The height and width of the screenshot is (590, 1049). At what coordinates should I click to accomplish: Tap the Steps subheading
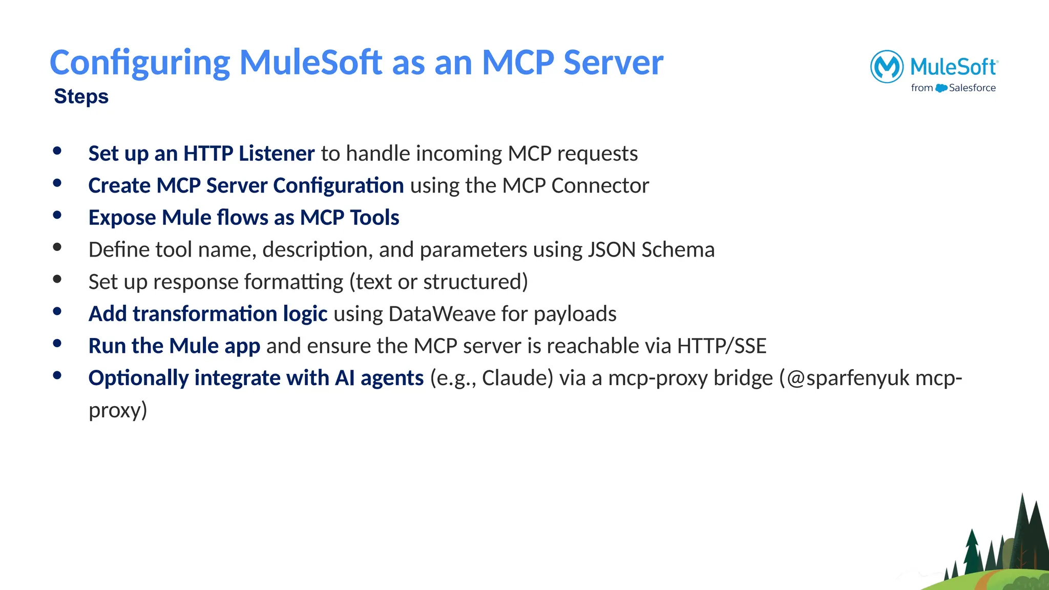point(81,96)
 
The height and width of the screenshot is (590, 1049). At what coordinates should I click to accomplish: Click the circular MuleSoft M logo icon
point(887,67)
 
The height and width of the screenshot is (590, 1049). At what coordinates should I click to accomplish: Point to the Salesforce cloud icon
point(941,88)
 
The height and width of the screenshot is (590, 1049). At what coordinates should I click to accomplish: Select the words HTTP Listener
point(249,154)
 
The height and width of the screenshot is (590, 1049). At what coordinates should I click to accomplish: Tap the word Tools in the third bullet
point(374,218)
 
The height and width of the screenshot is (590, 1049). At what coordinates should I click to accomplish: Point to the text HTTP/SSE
point(721,346)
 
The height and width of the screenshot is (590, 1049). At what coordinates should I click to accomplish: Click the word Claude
point(517,378)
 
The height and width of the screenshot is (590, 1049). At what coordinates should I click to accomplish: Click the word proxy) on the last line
point(118,410)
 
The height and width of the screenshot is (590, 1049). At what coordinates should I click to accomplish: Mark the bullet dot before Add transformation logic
point(57,311)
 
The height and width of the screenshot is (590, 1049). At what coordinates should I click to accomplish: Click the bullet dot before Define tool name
point(57,247)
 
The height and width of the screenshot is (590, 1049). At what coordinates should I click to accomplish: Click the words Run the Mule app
point(174,346)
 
